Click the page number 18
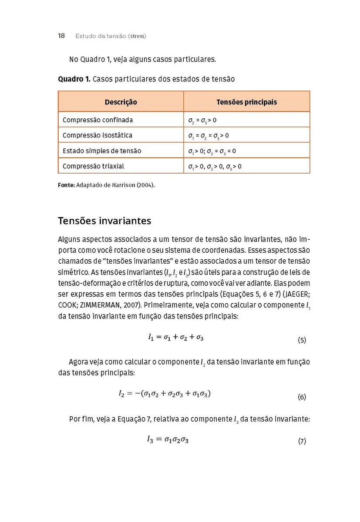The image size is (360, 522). (x=61, y=36)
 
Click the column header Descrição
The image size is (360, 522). (x=121, y=102)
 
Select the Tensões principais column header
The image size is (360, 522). (x=246, y=102)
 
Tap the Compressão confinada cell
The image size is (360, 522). (x=98, y=120)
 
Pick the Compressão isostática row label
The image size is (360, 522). (x=97, y=135)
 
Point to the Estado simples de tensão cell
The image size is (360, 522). (x=101, y=151)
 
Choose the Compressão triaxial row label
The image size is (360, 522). (x=93, y=166)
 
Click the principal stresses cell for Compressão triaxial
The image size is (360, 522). (x=215, y=167)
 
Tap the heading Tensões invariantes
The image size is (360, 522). (x=104, y=221)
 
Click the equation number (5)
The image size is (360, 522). (x=302, y=340)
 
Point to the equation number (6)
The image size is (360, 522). (x=302, y=397)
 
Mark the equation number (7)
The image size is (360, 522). (x=302, y=441)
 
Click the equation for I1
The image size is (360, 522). (x=175, y=337)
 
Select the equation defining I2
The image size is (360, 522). (x=165, y=394)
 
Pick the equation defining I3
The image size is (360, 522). (x=168, y=439)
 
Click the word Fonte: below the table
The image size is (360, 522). (x=66, y=185)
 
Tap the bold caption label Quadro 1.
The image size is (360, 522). (x=74, y=79)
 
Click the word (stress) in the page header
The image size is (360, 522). (x=137, y=36)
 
